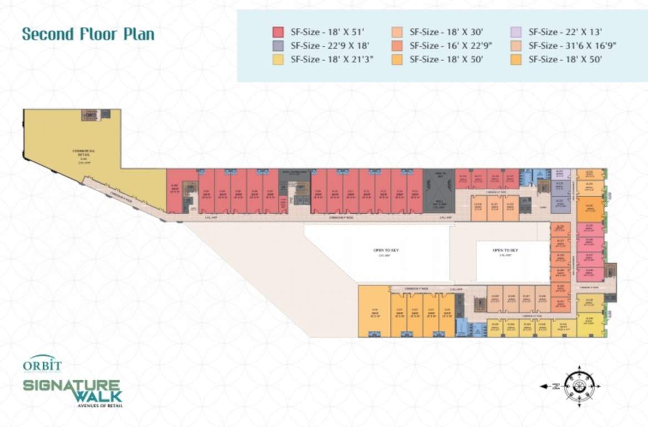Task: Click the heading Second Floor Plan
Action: [x=88, y=34]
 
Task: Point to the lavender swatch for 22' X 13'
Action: [x=516, y=32]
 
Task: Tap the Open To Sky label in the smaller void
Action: [x=505, y=251]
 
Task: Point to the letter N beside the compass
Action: [x=555, y=386]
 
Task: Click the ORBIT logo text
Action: [x=42, y=365]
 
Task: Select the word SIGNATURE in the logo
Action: [x=72, y=385]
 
